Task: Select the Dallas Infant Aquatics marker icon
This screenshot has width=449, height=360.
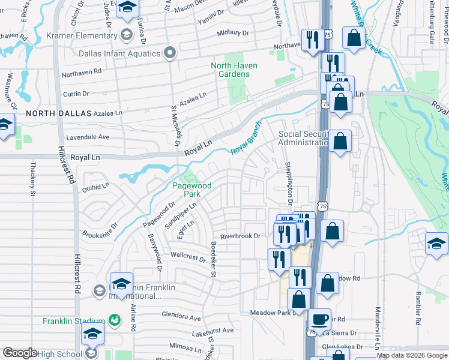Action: click(x=170, y=53)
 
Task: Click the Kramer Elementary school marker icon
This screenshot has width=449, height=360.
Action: click(x=126, y=34)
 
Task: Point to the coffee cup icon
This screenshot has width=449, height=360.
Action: click(x=319, y=319)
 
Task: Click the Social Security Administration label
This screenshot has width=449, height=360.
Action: click(x=303, y=138)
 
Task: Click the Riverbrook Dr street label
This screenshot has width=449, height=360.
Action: click(x=240, y=236)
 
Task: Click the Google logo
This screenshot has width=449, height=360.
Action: click(x=20, y=353)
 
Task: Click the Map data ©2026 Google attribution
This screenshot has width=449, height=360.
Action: click(x=412, y=355)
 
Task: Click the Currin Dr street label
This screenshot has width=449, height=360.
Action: click(x=76, y=94)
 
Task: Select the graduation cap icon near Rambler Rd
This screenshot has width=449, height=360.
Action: click(x=436, y=244)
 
